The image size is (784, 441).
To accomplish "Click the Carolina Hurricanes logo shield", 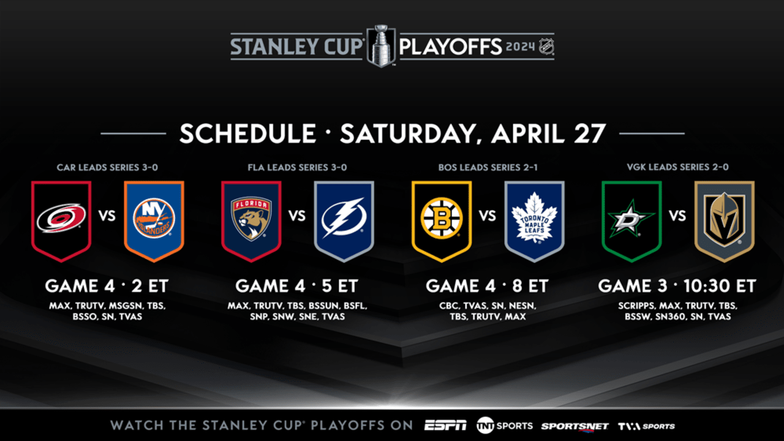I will pos(61,219).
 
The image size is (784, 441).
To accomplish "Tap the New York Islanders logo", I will pos(154,219).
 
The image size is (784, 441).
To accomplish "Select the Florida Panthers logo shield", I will pos(251,219).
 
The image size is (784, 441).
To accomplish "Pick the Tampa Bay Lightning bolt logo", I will pos(344,219).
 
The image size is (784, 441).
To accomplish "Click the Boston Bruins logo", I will pos(442,219).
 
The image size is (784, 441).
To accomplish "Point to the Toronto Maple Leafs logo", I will pos(534,219).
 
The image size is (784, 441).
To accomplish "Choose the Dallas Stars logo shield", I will pos(631,219).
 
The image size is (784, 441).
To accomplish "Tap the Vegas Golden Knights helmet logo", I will pos(724,219).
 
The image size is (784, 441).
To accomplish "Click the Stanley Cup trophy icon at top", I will pos(381,45).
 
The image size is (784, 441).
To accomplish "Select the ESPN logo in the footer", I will pos(445,426).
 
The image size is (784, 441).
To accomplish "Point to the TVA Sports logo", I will pos(646,426).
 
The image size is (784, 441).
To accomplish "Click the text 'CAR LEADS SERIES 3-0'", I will pos(107,167).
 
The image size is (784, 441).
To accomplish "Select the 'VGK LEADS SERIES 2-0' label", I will pos(677,167).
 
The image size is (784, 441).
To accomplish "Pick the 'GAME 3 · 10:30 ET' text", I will pos(677,286).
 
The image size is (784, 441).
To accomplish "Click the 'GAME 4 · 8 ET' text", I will pos(487,286).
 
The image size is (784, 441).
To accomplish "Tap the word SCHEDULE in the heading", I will pos(247,134).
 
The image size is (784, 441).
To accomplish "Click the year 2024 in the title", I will pos(521,47).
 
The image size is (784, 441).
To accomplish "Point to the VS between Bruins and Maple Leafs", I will pos(488,216).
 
